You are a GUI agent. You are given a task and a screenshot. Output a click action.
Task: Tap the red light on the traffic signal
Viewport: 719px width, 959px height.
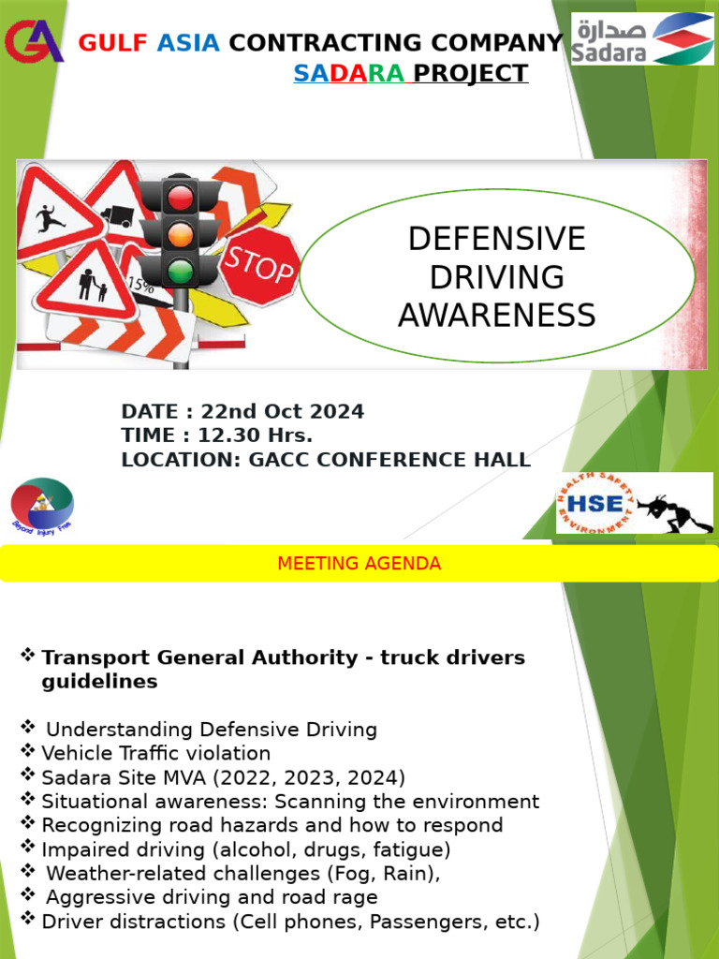[180, 197]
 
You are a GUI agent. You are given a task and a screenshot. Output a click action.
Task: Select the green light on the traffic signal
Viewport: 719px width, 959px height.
[180, 272]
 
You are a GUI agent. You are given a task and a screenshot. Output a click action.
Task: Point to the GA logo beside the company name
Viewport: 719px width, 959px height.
[34, 42]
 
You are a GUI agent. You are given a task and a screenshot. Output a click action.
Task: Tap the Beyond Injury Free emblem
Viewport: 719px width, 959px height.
[42, 505]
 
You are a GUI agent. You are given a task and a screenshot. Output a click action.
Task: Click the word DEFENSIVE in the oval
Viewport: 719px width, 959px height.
[496, 239]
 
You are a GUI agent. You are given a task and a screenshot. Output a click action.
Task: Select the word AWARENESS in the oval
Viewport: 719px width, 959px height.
[496, 316]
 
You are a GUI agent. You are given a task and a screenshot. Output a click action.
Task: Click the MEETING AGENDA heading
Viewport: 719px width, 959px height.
[359, 564]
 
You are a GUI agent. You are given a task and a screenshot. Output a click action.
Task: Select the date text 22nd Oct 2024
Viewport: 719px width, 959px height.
[282, 412]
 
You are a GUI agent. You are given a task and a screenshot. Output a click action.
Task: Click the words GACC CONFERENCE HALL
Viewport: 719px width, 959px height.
[389, 460]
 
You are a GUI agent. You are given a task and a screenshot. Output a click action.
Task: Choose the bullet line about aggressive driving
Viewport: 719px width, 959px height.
[212, 897]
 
